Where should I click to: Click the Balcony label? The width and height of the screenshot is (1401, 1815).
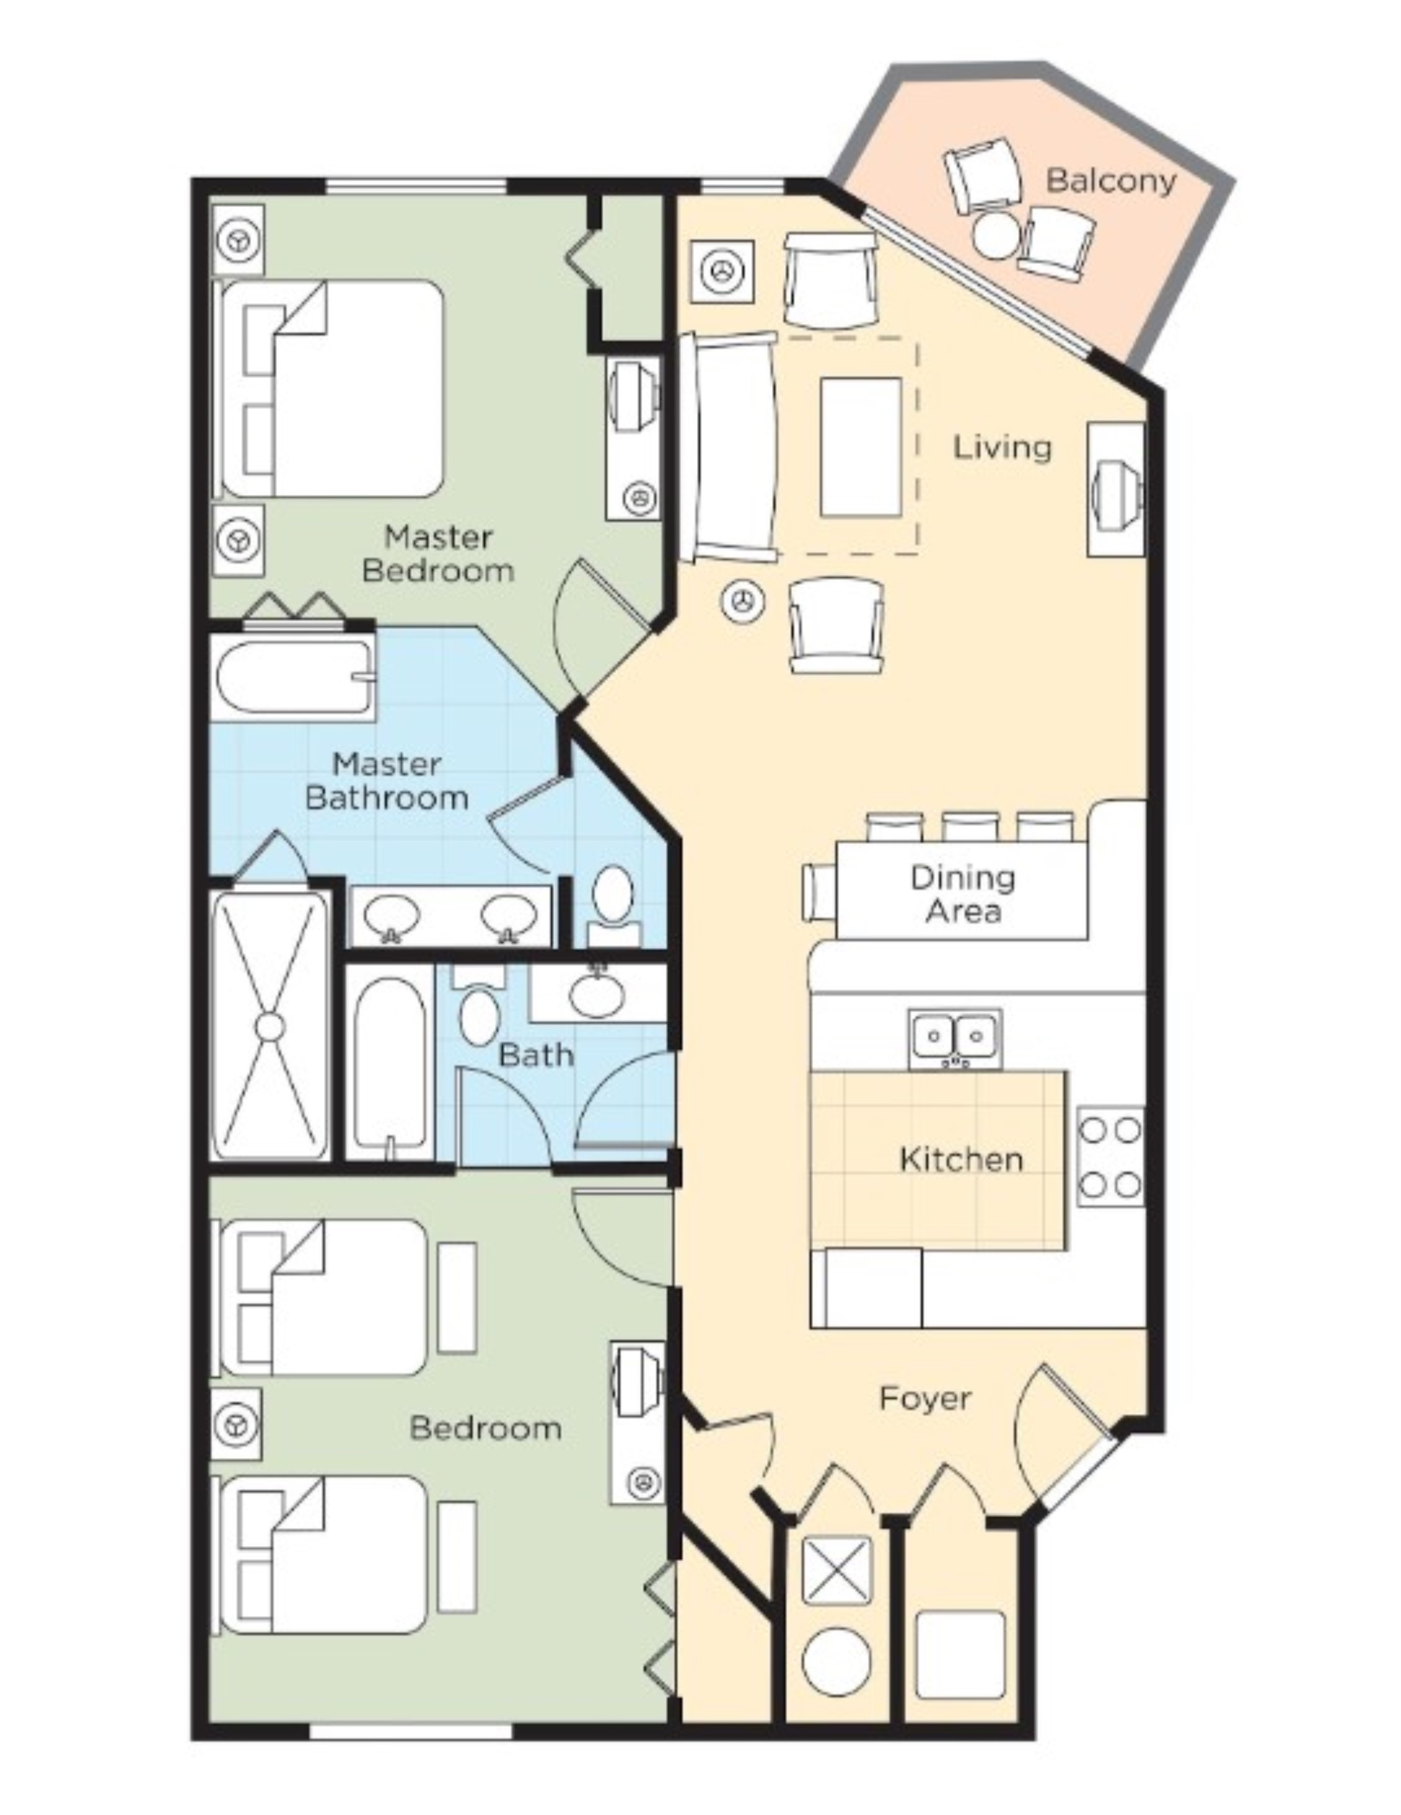[1110, 180]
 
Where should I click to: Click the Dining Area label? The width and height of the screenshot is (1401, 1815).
[962, 894]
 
